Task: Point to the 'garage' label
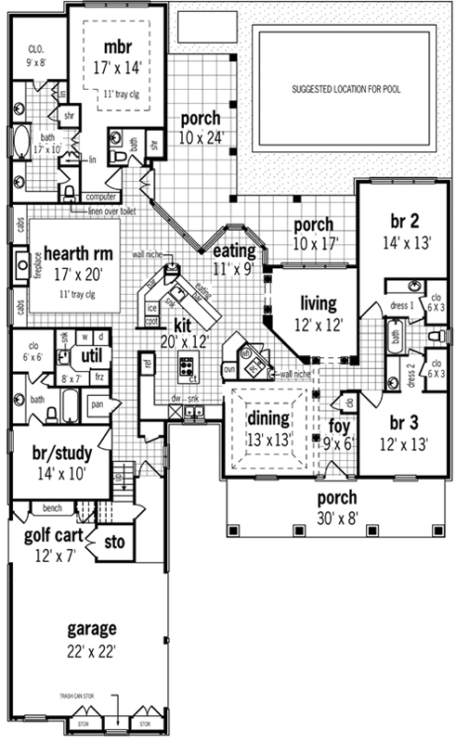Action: coord(90,627)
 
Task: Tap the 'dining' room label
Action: coord(268,417)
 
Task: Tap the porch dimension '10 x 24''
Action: coord(201,138)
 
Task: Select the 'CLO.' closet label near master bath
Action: coord(37,47)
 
